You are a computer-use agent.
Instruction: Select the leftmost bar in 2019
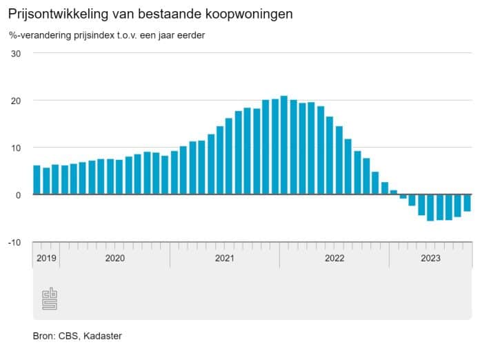(x=37, y=180)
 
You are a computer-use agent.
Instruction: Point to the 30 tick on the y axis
(x=17, y=54)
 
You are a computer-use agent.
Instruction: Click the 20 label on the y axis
(x=17, y=101)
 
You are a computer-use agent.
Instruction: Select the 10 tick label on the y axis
(x=17, y=148)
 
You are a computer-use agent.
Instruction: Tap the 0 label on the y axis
(x=19, y=195)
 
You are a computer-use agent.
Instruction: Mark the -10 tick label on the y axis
(x=15, y=242)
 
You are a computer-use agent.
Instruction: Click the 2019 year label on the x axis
(x=46, y=259)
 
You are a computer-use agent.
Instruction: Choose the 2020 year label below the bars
(x=114, y=259)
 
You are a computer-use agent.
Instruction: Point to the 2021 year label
(x=224, y=259)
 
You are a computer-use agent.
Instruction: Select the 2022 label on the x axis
(x=334, y=259)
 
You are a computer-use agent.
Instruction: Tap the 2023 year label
(x=431, y=259)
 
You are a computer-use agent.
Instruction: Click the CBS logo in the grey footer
(x=50, y=298)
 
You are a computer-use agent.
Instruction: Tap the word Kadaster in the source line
(x=103, y=336)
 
